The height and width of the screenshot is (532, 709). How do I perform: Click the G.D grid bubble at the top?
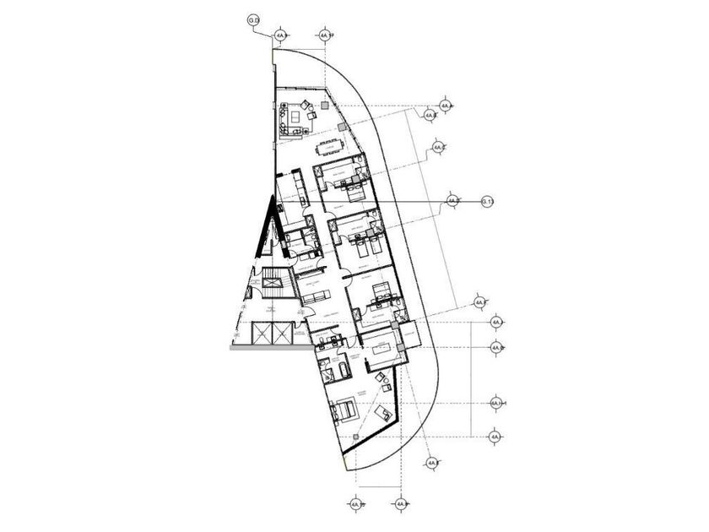coord(253,19)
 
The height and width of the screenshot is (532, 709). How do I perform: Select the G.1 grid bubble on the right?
coord(486,201)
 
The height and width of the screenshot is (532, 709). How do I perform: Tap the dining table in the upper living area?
coord(325,147)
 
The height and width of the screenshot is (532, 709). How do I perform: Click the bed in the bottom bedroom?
coord(345,411)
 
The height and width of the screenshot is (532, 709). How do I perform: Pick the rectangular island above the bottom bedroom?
coord(382,345)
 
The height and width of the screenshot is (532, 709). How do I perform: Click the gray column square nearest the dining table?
coord(342,127)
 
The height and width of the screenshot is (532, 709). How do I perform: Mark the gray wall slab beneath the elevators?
coord(262,345)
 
